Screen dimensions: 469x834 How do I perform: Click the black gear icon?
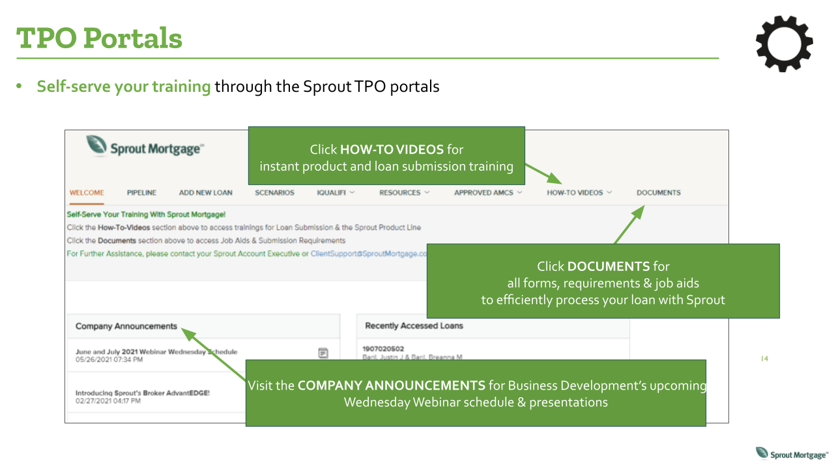pos(784,43)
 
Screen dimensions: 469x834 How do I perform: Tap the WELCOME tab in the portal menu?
pos(87,193)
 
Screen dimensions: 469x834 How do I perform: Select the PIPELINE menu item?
pos(141,193)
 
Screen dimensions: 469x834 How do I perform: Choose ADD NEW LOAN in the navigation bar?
pos(205,193)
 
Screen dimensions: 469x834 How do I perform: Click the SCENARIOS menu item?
pos(274,193)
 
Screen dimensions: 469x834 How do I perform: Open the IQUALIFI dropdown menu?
pos(336,193)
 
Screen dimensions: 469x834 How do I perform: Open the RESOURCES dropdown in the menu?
pos(404,193)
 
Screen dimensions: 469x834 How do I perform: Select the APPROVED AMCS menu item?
pos(488,193)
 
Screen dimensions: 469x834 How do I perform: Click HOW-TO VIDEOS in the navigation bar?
pos(579,193)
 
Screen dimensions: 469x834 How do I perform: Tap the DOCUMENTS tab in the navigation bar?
pos(658,193)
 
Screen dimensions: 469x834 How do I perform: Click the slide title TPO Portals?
pos(100,38)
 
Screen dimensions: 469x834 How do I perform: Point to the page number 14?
pos(764,359)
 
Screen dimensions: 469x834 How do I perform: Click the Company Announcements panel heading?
pos(126,326)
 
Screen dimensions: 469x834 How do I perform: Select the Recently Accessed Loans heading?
pos(414,326)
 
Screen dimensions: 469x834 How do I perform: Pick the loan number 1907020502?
pos(383,348)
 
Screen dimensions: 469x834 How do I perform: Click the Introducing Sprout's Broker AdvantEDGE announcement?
pos(143,393)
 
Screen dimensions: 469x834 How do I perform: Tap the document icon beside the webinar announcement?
pos(323,352)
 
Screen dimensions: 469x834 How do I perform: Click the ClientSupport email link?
pos(368,254)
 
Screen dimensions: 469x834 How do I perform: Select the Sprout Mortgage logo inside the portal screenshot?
pos(145,147)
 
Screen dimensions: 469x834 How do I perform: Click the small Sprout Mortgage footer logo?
pos(791,454)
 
